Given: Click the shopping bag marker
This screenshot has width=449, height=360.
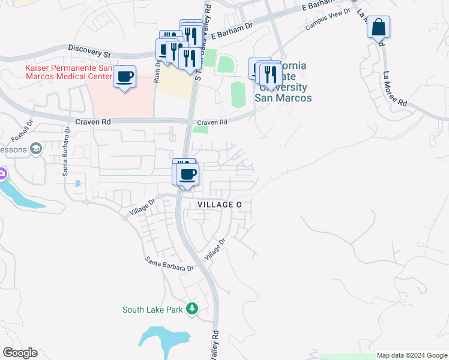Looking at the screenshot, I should pyautogui.click(x=379, y=28).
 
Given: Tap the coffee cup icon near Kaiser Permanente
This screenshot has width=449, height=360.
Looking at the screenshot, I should pyautogui.click(x=125, y=77).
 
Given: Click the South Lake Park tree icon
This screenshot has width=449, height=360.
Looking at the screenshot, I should pyautogui.click(x=191, y=309).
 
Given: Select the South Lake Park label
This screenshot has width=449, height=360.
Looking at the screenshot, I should pyautogui.click(x=152, y=310).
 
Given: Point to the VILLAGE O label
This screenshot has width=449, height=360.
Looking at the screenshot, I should pyautogui.click(x=220, y=205).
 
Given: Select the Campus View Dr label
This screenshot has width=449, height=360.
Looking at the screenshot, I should pyautogui.click(x=328, y=23).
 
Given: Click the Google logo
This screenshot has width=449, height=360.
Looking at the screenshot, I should pyautogui.click(x=20, y=353).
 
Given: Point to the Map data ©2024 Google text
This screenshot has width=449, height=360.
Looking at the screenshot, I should pyautogui.click(x=411, y=355).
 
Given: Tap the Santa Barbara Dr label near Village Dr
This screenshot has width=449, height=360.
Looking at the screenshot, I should pyautogui.click(x=170, y=265).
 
